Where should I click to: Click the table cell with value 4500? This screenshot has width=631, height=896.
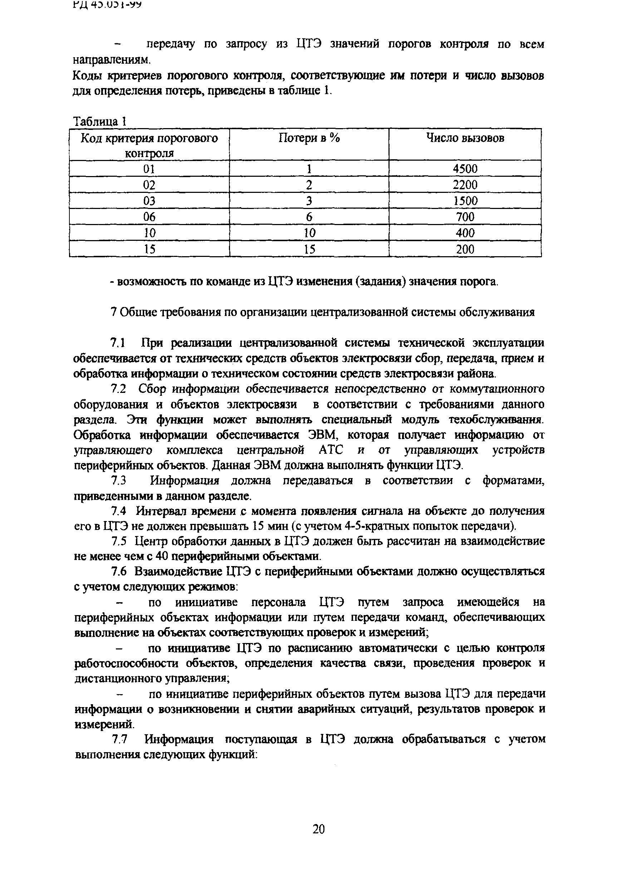pos(465,169)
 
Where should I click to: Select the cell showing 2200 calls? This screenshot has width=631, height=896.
pos(465,185)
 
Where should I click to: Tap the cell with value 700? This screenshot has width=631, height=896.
pos(465,217)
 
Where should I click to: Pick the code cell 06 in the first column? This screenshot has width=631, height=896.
pos(149,217)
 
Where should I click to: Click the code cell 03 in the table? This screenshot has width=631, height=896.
pos(149,201)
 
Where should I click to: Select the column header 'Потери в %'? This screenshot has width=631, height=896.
pos(309,138)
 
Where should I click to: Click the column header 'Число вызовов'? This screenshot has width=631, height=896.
pos(465,138)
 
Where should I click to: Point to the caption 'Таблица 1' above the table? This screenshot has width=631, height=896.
pos(100,122)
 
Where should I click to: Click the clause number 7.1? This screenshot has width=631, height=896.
pos(117,343)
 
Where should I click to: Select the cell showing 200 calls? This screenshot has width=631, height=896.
pos(465,249)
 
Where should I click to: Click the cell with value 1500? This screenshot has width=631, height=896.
pos(465,201)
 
